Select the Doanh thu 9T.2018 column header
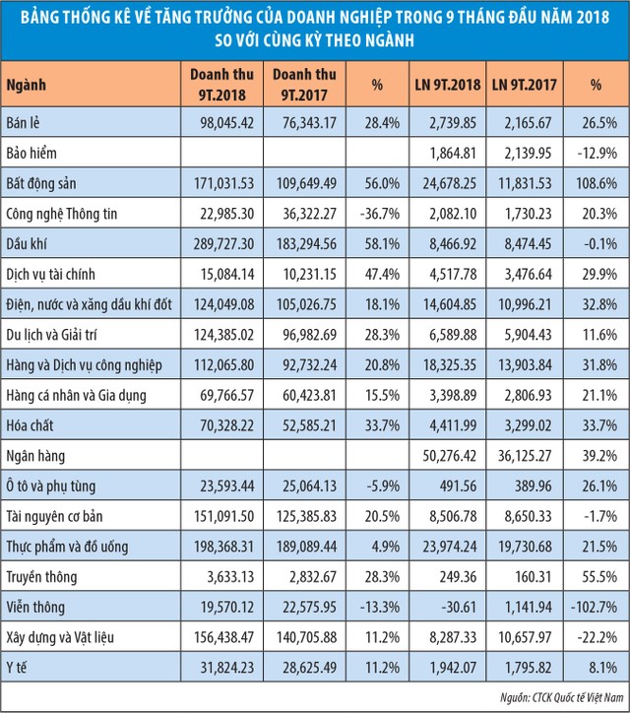point(221,86)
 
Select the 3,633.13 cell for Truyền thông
point(232,576)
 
